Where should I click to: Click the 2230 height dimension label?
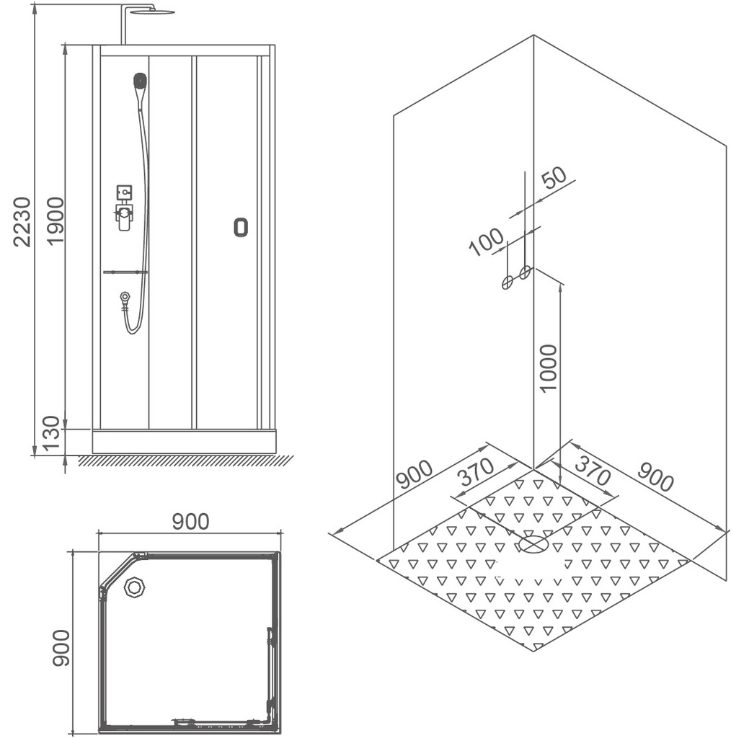(x=22, y=222)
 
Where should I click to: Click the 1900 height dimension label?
(x=56, y=221)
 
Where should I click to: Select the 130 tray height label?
(x=51, y=433)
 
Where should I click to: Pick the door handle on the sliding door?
(x=241, y=227)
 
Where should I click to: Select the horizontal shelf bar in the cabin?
(x=125, y=272)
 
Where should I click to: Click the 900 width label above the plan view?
(x=190, y=522)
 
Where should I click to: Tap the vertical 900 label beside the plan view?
(x=61, y=648)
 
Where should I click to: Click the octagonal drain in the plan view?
(x=135, y=587)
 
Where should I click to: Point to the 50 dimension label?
(x=554, y=177)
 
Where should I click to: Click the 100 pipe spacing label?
(x=487, y=241)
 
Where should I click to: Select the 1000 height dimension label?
(x=549, y=368)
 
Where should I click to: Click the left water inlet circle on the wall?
(x=507, y=283)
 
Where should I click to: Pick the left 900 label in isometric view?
(x=415, y=474)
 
